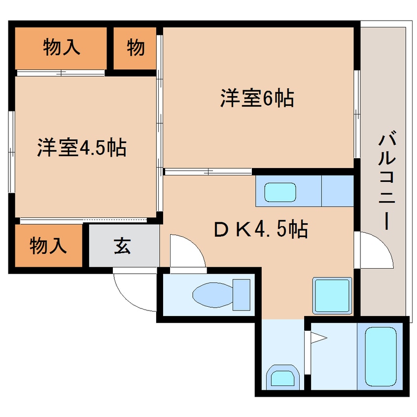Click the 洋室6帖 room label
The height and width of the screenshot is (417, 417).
pos(257,98)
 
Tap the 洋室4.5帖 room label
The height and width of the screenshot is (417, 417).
pos(82,147)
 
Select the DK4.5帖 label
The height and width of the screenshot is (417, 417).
pos(261,229)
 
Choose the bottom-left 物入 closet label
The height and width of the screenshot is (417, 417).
pos(48,245)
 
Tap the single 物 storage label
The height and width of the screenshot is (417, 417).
pos(136,47)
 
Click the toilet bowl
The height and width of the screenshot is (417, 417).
pos(213,295)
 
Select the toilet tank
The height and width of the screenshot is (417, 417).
pos(242,295)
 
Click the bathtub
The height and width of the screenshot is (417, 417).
pos(381,356)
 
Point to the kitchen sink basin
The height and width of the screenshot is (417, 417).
pos(280,192)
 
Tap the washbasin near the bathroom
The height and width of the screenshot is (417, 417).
pos(282,377)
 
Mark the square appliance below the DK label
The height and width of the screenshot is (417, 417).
pos(332,295)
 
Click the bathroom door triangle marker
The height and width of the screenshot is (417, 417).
pos(318,338)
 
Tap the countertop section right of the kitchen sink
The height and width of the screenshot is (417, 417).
pos(338,191)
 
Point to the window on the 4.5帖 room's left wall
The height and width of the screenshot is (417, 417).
pos(11,152)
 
